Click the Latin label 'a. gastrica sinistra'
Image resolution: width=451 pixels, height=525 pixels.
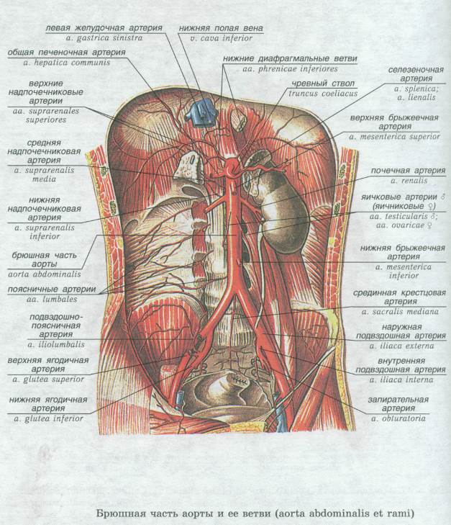(x=104, y=38)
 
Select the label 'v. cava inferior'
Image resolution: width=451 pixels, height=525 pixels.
(x=221, y=38)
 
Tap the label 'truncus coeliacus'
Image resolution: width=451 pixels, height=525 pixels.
(x=323, y=94)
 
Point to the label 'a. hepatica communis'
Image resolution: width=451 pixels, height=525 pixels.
(x=67, y=63)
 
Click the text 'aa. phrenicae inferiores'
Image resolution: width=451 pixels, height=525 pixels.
(x=290, y=69)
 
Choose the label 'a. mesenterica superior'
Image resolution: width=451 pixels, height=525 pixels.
(x=394, y=137)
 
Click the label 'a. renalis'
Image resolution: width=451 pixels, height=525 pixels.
(x=409, y=181)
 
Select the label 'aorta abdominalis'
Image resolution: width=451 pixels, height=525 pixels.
(x=45, y=274)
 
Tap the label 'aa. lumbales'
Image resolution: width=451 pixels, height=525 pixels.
(x=53, y=300)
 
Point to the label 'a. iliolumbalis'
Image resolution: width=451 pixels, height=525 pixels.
(x=56, y=344)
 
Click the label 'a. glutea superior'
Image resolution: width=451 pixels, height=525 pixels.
(x=48, y=380)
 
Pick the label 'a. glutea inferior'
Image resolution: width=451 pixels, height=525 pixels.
(x=48, y=419)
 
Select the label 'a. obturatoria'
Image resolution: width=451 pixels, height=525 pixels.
(x=398, y=418)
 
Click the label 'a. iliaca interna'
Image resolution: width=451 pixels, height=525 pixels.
(x=401, y=380)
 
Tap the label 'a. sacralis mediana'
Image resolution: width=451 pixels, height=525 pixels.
(x=400, y=312)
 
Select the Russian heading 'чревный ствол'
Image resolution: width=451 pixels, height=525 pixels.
(x=323, y=84)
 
